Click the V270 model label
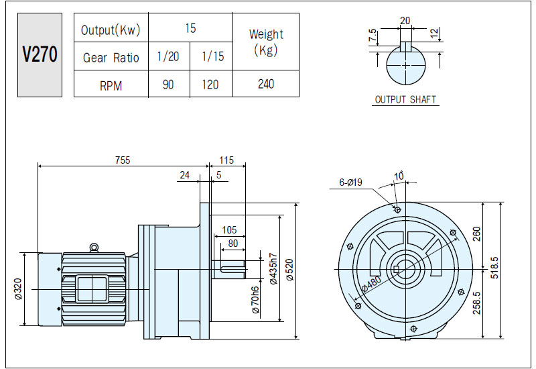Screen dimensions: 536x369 [40, 55]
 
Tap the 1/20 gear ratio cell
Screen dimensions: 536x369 [169, 56]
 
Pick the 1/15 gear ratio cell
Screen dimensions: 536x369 [212, 56]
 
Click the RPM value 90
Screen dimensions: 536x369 [168, 85]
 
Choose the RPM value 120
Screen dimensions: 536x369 [210, 85]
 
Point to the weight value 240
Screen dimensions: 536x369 [266, 84]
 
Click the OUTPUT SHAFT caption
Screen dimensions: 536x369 [405, 99]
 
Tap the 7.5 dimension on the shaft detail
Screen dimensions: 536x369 [373, 36]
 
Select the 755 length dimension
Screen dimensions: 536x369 [123, 160]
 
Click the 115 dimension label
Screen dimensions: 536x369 [226, 160]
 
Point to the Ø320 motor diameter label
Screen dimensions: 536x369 [18, 289]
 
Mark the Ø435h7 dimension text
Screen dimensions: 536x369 [273, 269]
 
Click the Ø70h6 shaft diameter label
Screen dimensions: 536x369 [255, 300]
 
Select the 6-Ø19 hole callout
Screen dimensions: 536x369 [350, 182]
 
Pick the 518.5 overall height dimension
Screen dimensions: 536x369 [494, 268]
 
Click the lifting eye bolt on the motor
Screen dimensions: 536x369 [93, 248]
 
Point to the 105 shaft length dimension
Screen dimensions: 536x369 [229, 229]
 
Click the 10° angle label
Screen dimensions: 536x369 [399, 176]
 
